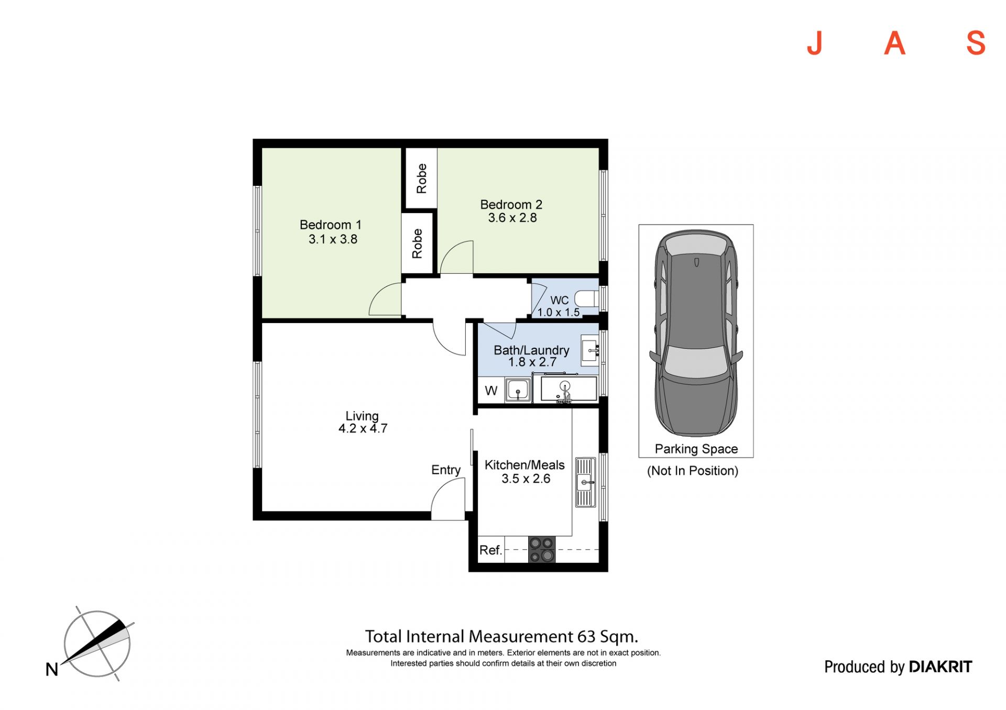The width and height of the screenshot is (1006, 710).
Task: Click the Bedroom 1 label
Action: tap(331, 225)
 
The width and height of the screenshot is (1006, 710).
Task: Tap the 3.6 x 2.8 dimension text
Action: tap(512, 218)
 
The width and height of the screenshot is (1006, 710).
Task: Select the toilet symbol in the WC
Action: tap(587, 299)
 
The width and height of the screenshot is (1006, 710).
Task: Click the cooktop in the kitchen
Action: tap(542, 549)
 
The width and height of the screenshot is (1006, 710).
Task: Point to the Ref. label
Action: tap(491, 550)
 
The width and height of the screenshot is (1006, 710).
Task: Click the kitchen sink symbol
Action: tap(585, 482)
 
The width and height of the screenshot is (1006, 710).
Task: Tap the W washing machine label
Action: tap(491, 391)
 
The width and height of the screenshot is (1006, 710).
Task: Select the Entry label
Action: tap(446, 470)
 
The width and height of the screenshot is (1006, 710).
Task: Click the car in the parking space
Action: tap(696, 333)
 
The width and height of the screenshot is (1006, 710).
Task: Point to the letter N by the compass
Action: tap(52, 669)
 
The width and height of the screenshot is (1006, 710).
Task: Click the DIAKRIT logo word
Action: tap(941, 667)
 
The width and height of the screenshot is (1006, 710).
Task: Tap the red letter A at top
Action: tap(895, 43)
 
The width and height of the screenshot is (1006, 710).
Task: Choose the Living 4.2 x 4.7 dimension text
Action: tap(363, 428)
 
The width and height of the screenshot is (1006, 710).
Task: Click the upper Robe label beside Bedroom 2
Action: tap(422, 179)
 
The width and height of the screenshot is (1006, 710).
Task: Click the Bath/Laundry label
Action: tap(531, 350)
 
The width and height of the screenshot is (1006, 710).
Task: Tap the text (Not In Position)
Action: tap(693, 471)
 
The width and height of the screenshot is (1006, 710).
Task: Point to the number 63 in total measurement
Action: tap(586, 637)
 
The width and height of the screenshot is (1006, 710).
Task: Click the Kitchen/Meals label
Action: tap(524, 465)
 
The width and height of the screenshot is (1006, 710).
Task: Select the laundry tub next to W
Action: tap(518, 391)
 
